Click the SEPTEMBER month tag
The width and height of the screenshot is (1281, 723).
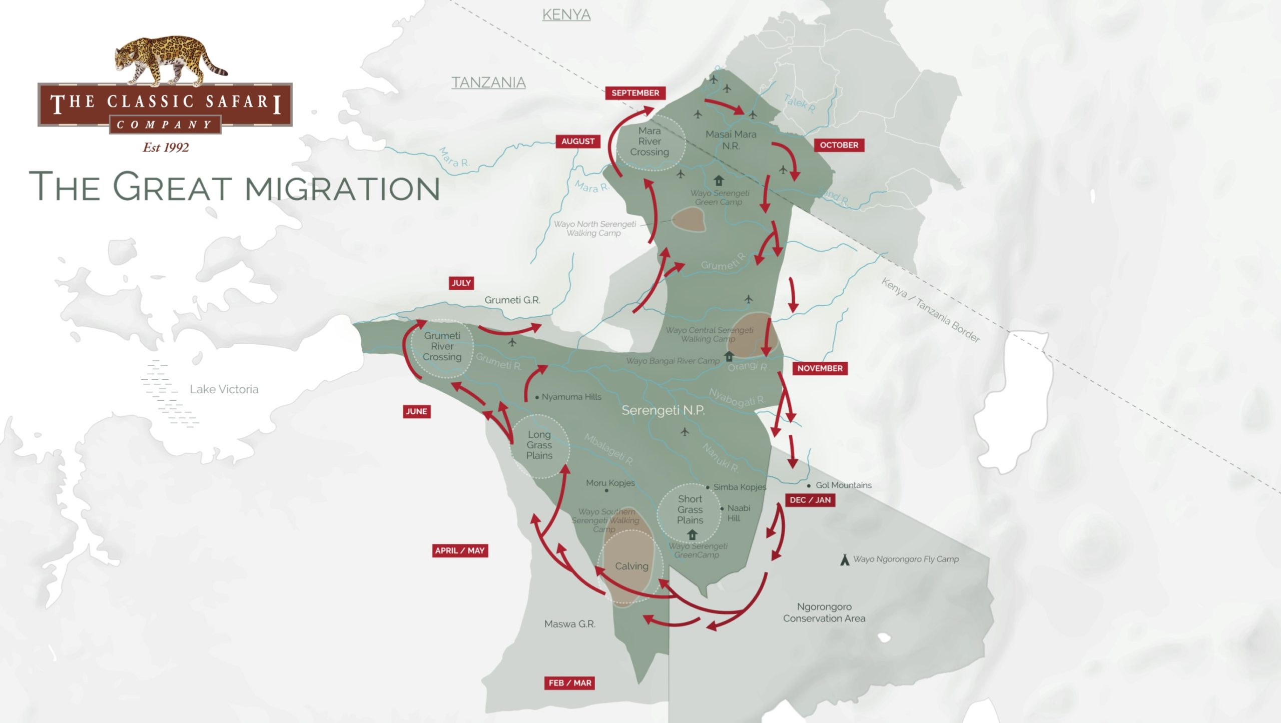pos(635,93)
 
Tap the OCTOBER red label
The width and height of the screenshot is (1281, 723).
pos(839,145)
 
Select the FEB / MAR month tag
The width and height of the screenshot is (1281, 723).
pos(569,683)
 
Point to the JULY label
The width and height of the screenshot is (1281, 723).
pos(461,283)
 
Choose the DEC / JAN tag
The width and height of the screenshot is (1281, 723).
pos(810,500)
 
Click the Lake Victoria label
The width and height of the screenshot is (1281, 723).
pos(224,389)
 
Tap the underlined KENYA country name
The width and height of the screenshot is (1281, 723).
pos(566,15)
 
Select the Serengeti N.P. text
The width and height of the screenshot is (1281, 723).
pos(663,410)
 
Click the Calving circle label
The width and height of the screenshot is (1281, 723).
pos(631,566)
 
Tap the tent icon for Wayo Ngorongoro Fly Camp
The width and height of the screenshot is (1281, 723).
pos(845,559)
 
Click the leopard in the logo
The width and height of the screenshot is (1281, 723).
pos(168,60)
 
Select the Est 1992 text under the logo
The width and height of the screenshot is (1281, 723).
pos(166,148)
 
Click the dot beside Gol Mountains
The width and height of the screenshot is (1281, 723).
pos(809,486)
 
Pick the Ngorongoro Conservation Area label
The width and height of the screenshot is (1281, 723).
pos(824,612)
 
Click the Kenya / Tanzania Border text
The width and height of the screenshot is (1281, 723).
pos(930,310)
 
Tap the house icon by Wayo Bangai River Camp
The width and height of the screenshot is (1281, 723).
pos(729,356)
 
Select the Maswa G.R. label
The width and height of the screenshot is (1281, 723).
pos(569,624)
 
